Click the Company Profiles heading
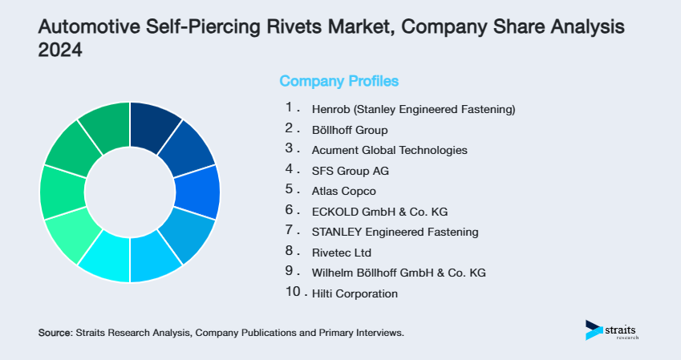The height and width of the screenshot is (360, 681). [x=338, y=81]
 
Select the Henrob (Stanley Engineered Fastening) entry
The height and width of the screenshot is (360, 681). [x=412, y=108]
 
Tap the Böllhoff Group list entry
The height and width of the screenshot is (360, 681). [x=349, y=129]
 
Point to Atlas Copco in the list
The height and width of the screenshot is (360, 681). [x=343, y=191]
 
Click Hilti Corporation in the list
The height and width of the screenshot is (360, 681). [x=354, y=293]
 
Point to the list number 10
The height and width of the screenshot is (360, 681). [x=293, y=293]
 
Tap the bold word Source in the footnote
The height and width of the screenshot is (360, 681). [x=55, y=332]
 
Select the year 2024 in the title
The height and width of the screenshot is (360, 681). [x=60, y=50]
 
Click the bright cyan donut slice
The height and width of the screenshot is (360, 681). [x=104, y=260]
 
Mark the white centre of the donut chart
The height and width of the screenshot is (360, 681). [x=129, y=192]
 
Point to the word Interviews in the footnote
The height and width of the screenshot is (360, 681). [x=378, y=332]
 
